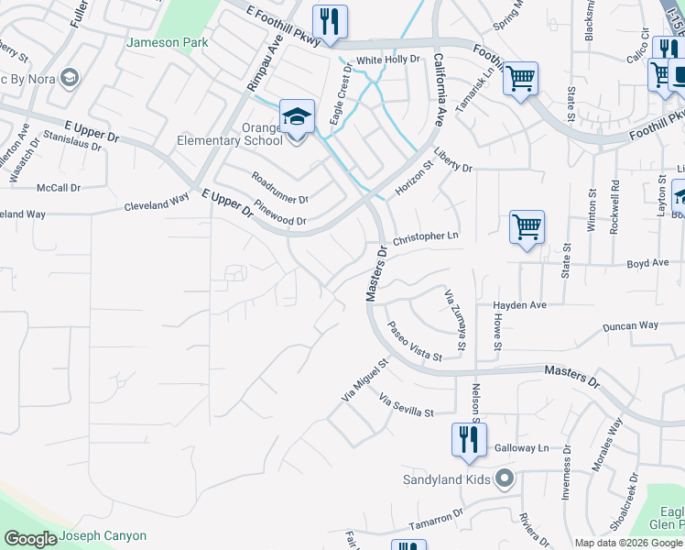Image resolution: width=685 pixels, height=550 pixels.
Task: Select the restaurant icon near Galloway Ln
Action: pyautogui.click(x=468, y=439)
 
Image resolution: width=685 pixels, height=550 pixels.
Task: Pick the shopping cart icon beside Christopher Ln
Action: pyautogui.click(x=527, y=226)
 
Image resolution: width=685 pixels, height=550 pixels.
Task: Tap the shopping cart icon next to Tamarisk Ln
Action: pyautogui.click(x=520, y=78)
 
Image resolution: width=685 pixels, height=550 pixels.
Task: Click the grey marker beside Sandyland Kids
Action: pyautogui.click(x=504, y=478)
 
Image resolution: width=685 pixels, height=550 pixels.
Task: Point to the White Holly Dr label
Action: pyautogui.click(x=387, y=60)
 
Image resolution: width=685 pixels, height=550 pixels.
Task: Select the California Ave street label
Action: pyautogui.click(x=439, y=90)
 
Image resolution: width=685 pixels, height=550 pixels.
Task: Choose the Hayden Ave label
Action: pyautogui.click(x=519, y=304)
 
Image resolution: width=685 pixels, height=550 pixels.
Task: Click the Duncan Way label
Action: pyautogui.click(x=630, y=326)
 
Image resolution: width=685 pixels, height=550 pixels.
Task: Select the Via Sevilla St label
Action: pyautogui.click(x=406, y=407)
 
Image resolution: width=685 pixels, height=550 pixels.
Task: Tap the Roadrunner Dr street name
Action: pyautogui.click(x=279, y=187)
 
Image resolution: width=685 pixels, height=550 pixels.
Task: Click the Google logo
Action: pyautogui.click(x=31, y=539)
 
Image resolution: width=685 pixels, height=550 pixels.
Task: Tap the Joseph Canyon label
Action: pyautogui.click(x=103, y=536)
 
